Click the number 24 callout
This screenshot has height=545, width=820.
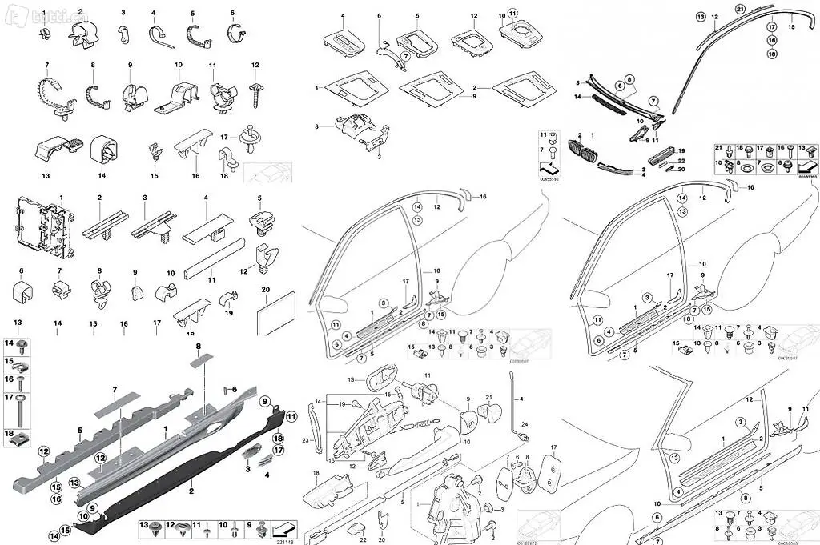tap(525, 424)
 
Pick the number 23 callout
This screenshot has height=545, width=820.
tap(305, 441)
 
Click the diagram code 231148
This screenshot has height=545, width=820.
tap(283, 541)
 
